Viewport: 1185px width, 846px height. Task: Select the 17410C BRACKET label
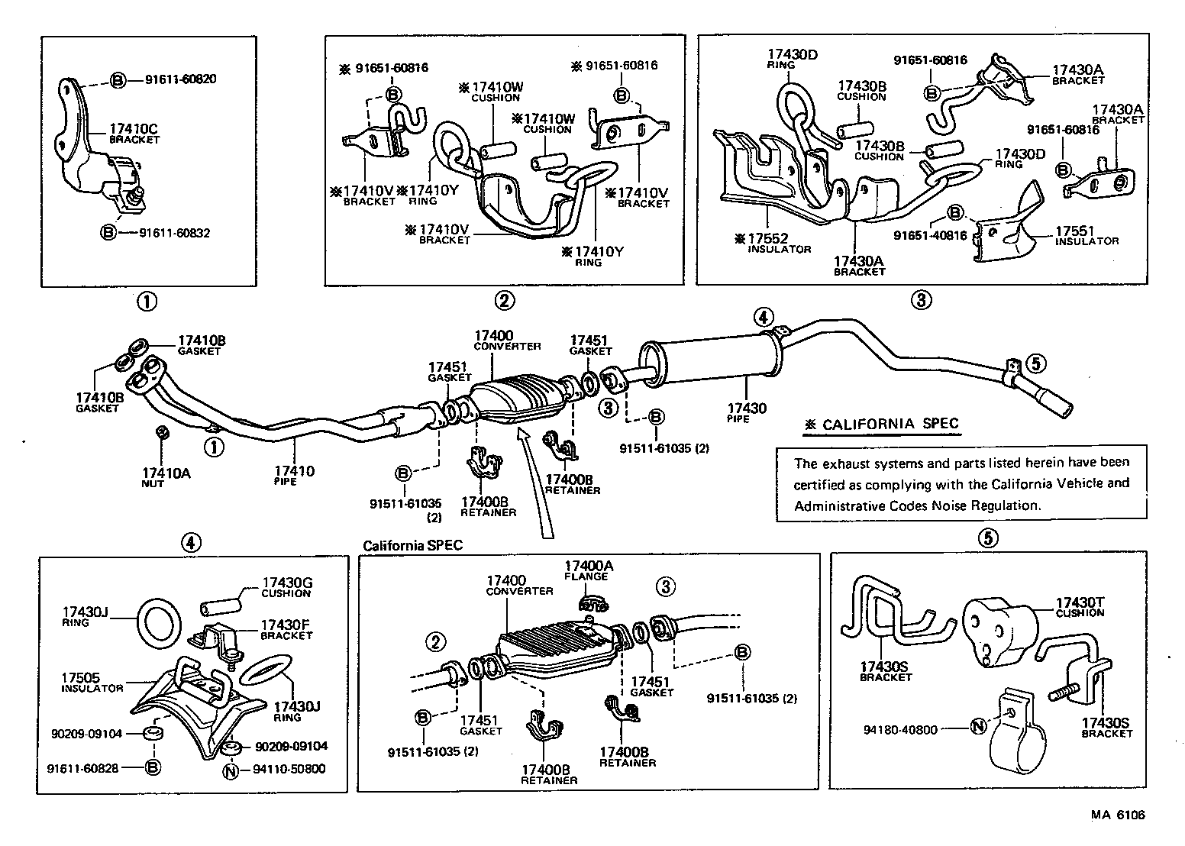(x=134, y=133)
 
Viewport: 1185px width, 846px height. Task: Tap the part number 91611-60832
(x=174, y=232)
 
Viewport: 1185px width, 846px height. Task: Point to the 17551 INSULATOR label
(x=1086, y=235)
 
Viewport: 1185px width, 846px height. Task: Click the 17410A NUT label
(x=166, y=477)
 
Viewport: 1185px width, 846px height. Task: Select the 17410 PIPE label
(x=294, y=476)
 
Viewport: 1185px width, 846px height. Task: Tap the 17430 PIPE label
(x=746, y=413)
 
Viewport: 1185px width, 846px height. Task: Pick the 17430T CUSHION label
(x=1080, y=606)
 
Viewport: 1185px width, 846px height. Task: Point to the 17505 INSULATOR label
(x=92, y=681)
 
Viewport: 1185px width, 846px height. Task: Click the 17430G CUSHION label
(x=286, y=586)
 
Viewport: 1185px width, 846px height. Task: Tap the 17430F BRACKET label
(x=286, y=628)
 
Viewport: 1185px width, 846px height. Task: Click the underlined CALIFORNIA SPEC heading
(x=883, y=425)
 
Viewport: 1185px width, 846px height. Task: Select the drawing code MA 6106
(x=1118, y=815)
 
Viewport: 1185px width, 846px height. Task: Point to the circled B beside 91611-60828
(x=151, y=767)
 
